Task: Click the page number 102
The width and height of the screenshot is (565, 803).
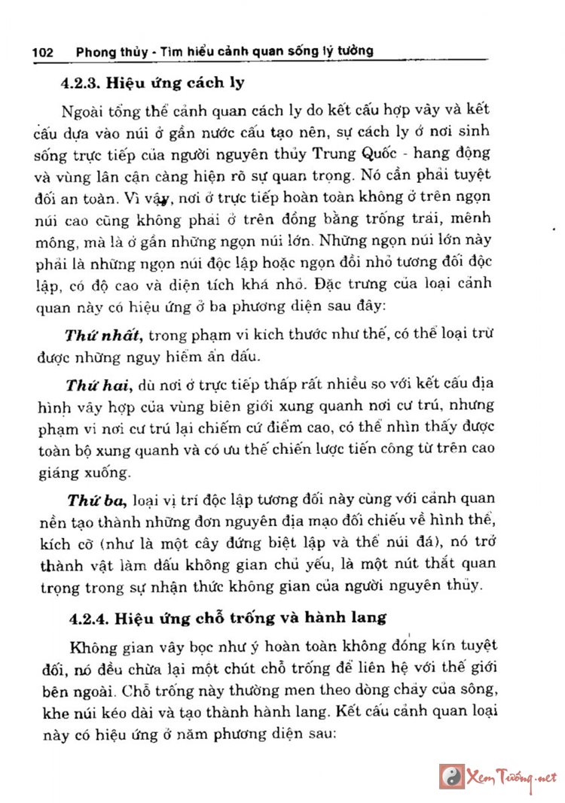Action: [42, 52]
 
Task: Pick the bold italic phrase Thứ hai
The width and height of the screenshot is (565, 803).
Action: [98, 386]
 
